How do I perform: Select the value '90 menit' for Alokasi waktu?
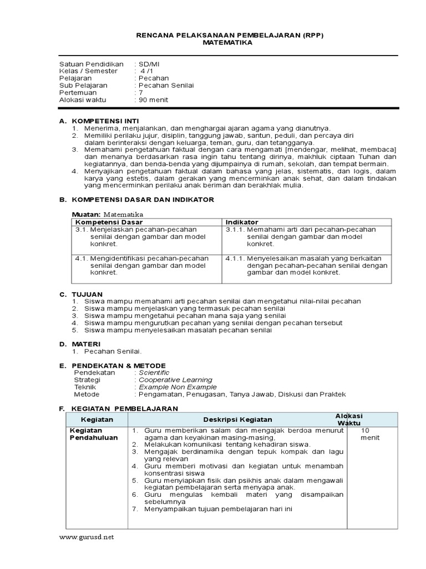point(153,100)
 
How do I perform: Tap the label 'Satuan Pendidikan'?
point(92,64)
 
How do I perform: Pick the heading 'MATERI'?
point(87,344)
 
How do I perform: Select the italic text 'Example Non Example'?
point(177,387)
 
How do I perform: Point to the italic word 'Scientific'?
point(154,373)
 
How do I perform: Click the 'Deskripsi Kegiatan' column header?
point(237,420)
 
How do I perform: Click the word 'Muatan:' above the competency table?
point(87,214)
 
